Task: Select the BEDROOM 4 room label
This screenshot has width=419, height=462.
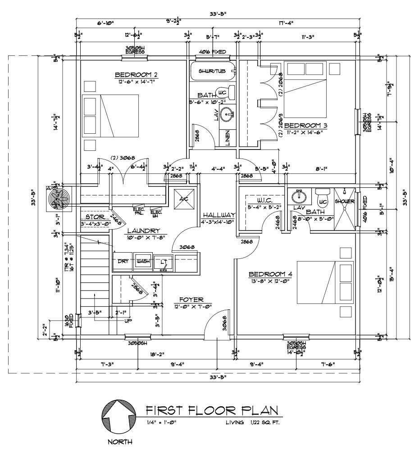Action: coord(268,274)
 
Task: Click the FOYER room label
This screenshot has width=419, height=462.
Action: coord(191,299)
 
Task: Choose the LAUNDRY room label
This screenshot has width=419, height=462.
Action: coord(140,230)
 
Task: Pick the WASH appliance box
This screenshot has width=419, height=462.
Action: coord(143,262)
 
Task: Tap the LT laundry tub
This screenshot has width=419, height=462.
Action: coord(163,262)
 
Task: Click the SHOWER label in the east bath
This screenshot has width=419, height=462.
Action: coord(345,201)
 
